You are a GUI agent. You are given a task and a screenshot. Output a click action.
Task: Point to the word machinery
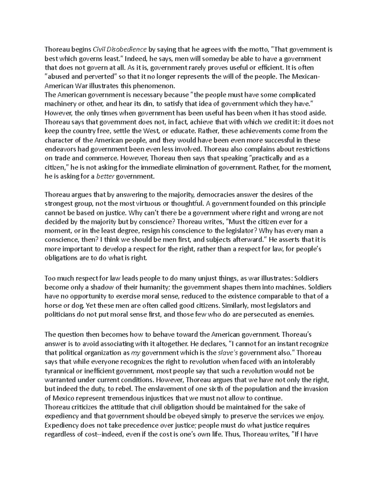59,104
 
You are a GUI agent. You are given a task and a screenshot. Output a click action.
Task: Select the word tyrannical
59,371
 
